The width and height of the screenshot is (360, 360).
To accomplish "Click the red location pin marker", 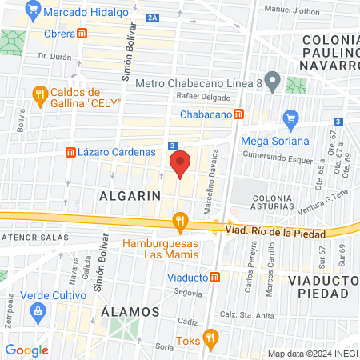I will (181, 165).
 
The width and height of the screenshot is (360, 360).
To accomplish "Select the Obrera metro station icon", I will (82, 33).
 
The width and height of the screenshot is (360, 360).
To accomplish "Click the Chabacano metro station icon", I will (238, 114).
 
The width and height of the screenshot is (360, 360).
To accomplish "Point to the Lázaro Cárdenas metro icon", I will (70, 152).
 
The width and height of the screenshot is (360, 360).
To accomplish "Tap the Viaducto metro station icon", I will (214, 277).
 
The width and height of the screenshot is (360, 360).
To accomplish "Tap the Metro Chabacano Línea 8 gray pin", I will (273, 80).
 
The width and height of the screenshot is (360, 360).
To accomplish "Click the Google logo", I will (26, 350).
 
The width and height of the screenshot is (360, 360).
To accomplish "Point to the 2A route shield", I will (154, 17).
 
